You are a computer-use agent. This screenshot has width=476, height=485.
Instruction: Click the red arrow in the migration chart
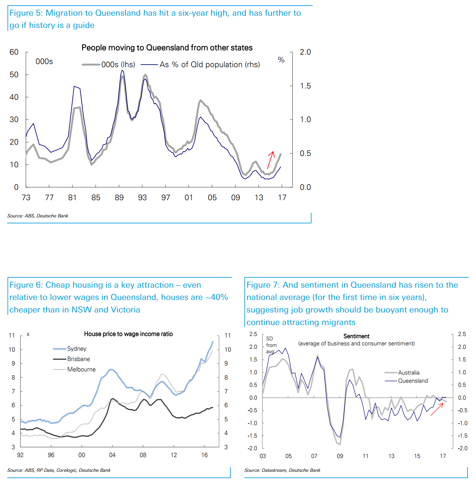pos(271,160)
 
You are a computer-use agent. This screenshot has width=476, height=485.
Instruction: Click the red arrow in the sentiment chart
pos(437,409)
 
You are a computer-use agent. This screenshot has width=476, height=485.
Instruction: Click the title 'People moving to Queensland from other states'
pos(167,48)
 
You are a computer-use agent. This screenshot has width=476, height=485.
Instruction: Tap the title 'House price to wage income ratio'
pos(128,334)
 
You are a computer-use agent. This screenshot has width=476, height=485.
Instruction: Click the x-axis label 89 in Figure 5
pos(119,198)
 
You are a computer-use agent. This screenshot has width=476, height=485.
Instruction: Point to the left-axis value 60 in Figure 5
pos(14,52)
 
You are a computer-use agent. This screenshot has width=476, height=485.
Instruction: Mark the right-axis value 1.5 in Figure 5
pos(305,86)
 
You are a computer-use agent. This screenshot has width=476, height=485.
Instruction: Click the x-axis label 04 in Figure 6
pos(112,455)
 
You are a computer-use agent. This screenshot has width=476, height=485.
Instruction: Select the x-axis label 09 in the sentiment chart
pos(340,456)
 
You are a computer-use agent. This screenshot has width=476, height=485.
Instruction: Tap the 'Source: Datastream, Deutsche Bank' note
pos(282,470)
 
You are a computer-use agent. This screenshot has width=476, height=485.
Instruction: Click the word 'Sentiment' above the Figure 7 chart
pos(356,336)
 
